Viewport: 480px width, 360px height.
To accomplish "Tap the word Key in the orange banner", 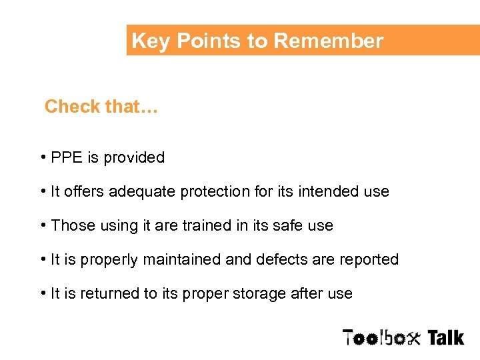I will point(149,41).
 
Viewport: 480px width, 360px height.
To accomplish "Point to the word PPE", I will point(67,158).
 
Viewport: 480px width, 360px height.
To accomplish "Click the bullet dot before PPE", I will point(43,158).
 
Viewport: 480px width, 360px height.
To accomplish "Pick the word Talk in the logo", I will point(445,338).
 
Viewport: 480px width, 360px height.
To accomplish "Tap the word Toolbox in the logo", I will point(382,338).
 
